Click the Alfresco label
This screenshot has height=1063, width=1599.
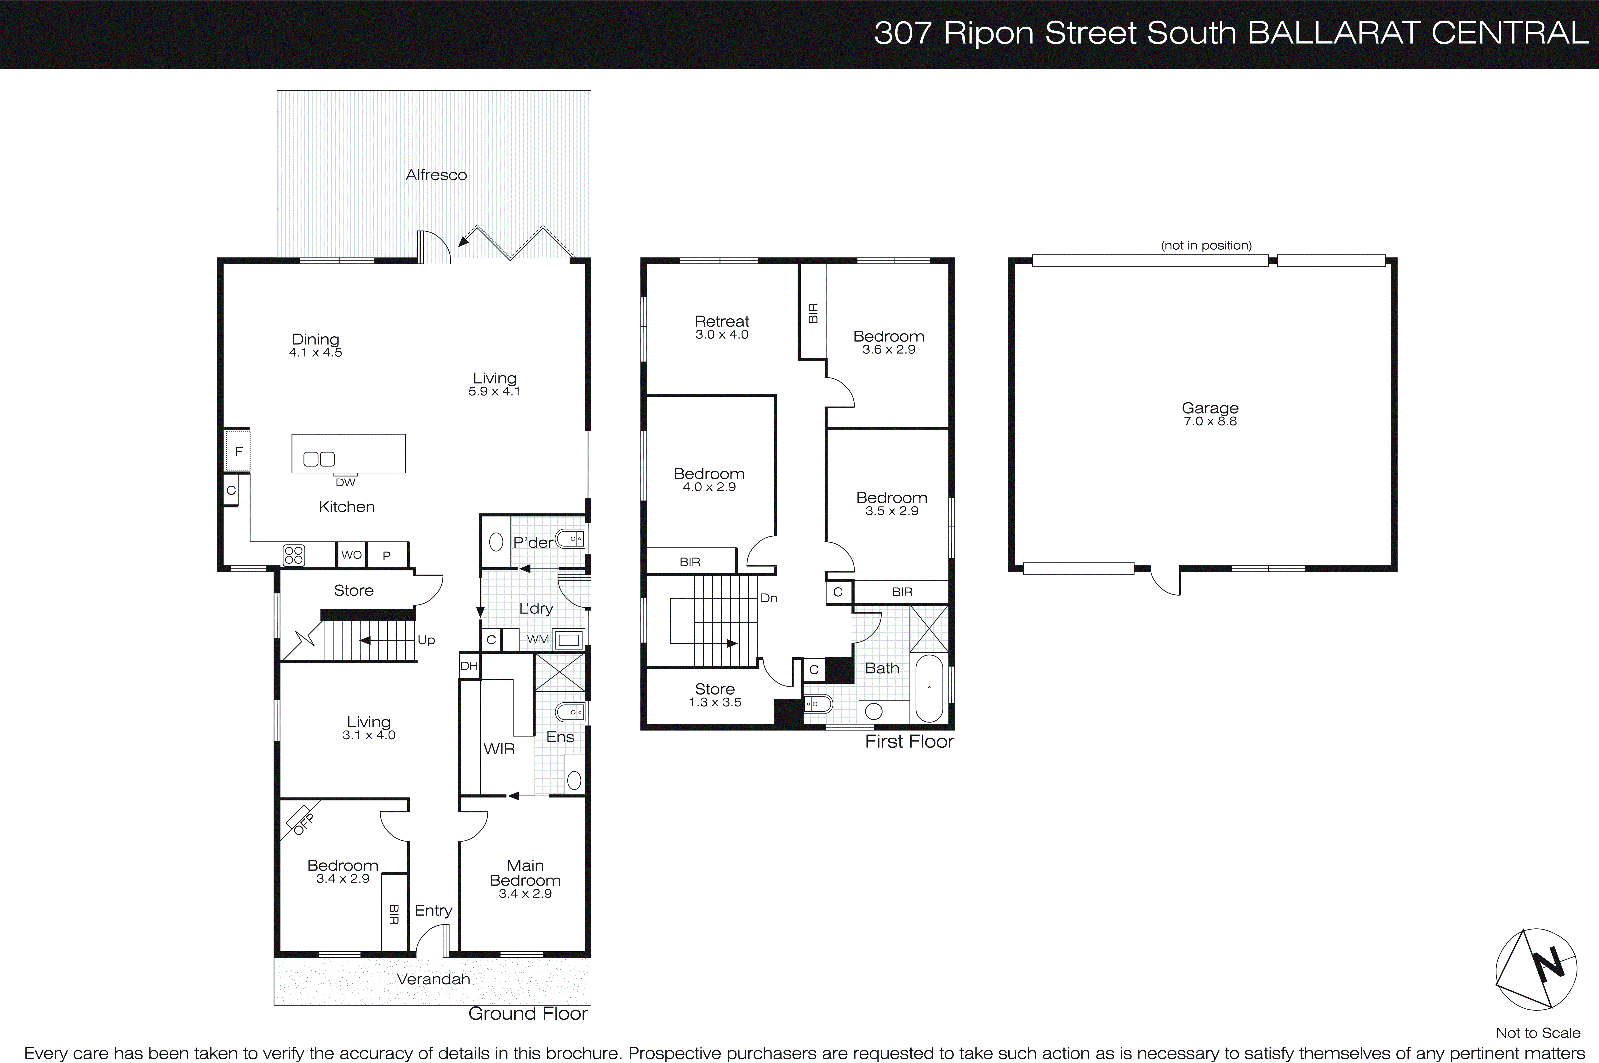click(436, 175)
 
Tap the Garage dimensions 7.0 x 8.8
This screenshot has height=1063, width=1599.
click(1210, 421)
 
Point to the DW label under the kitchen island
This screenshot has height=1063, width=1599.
click(345, 483)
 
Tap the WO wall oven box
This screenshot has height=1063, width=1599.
click(351, 555)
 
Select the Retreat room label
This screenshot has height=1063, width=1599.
click(722, 321)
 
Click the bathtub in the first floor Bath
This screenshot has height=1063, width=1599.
click(929, 688)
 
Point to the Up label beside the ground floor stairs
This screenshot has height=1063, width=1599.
click(426, 640)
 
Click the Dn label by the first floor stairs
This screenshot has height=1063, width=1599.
click(769, 598)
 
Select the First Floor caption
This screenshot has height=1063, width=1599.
click(909, 742)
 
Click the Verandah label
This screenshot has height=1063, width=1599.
click(433, 979)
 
